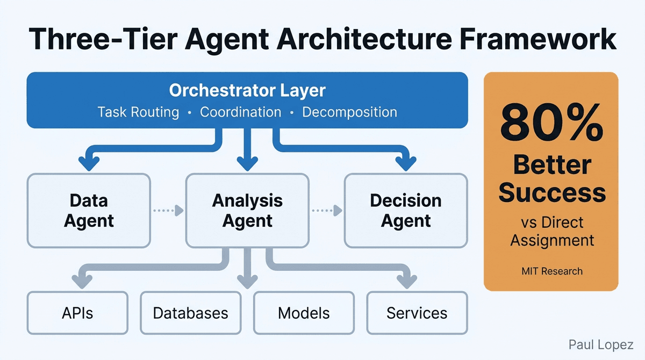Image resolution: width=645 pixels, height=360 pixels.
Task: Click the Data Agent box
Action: [x=89, y=211]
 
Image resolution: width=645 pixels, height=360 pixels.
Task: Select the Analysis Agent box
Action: [x=247, y=211]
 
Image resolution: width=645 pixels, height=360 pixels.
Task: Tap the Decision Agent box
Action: [x=406, y=211]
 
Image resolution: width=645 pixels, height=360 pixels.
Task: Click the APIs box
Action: [x=77, y=313]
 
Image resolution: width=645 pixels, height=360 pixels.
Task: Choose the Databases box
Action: [x=190, y=313]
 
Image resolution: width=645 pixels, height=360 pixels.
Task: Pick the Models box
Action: [x=304, y=313]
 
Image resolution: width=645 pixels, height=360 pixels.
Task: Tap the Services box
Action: [x=417, y=313]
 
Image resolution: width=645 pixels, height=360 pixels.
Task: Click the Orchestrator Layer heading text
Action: [x=247, y=90]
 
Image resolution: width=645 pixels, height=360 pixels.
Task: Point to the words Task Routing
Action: [x=138, y=112]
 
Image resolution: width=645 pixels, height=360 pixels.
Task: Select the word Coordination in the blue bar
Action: [x=240, y=112]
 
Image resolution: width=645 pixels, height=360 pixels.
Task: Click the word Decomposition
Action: [x=349, y=112]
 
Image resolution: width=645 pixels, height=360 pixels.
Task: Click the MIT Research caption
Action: [x=551, y=271]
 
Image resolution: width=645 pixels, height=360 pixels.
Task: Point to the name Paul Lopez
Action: [x=601, y=344]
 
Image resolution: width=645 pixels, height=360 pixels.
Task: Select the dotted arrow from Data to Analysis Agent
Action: [x=168, y=211]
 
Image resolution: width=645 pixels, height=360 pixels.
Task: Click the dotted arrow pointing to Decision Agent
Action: [x=326, y=211]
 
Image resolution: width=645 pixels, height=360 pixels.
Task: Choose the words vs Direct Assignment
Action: [x=551, y=231]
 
